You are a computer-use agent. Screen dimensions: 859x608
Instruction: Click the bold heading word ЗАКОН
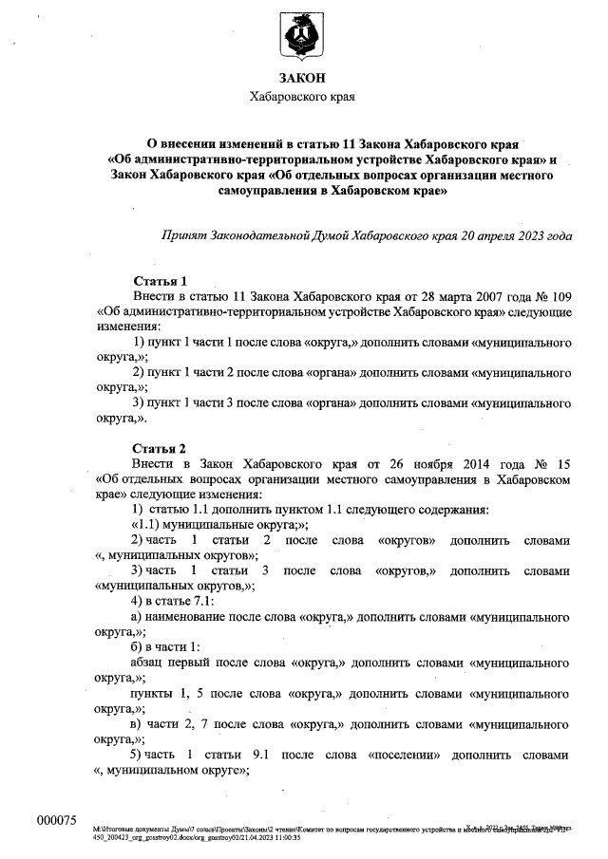tap(302, 79)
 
